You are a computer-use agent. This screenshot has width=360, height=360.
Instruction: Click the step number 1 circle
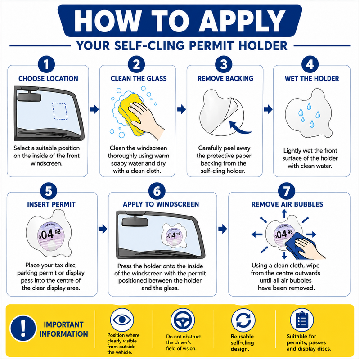46,64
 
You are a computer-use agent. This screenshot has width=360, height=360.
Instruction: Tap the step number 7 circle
287,191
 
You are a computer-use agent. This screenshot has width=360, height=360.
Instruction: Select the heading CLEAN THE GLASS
139,78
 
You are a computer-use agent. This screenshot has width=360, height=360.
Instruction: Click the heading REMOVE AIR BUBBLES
287,204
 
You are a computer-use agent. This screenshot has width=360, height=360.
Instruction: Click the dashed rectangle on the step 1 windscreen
60,111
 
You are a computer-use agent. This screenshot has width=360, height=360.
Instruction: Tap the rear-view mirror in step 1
29,97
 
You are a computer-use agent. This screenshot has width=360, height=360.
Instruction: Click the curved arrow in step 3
239,128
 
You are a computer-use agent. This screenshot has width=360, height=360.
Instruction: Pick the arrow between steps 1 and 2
94,109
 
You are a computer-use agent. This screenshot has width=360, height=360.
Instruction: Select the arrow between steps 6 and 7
223,229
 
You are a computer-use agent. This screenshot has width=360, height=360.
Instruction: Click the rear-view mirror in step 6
135,221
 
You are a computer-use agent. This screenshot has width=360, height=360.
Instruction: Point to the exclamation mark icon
23,328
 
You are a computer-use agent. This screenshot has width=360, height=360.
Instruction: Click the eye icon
122,320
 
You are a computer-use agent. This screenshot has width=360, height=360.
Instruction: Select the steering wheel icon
183,320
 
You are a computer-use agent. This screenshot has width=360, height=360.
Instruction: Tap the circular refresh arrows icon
243,320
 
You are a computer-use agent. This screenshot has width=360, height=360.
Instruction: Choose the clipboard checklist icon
302,320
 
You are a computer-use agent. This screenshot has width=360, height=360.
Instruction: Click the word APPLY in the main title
242,21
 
